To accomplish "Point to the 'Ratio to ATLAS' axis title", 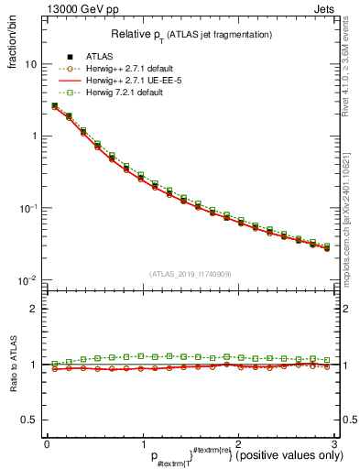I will (14, 363).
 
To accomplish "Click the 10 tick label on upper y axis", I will (31, 65).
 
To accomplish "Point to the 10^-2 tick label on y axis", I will (29, 279).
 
